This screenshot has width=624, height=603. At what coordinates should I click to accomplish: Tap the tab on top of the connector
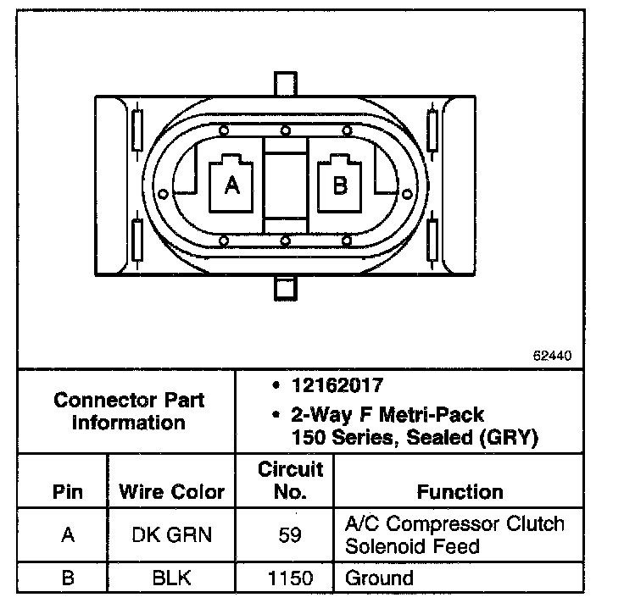pyautogui.click(x=285, y=85)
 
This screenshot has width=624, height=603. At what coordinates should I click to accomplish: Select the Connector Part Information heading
pyautogui.click(x=129, y=410)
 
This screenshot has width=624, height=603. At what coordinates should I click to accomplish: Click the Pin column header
pyautogui.click(x=68, y=492)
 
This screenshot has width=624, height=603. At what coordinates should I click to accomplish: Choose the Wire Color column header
pyautogui.click(x=171, y=492)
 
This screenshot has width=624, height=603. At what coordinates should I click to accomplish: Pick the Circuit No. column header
pyautogui.click(x=290, y=480)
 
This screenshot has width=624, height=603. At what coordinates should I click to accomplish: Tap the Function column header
pyautogui.click(x=460, y=492)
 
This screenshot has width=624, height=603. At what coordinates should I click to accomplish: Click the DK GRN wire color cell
pyautogui.click(x=172, y=535)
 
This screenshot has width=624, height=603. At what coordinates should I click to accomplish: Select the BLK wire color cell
pyautogui.click(x=172, y=579)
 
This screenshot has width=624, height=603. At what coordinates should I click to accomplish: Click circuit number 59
pyautogui.click(x=290, y=535)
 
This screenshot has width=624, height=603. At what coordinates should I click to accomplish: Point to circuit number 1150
pyautogui.click(x=290, y=579)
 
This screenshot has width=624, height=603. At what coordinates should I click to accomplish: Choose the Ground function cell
pyautogui.click(x=379, y=579)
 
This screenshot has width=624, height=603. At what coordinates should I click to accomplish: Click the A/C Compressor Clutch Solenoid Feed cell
pyautogui.click(x=454, y=534)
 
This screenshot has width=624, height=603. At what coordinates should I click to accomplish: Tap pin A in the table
pyautogui.click(x=68, y=535)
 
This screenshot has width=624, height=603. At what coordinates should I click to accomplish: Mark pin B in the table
pyautogui.click(x=68, y=579)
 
